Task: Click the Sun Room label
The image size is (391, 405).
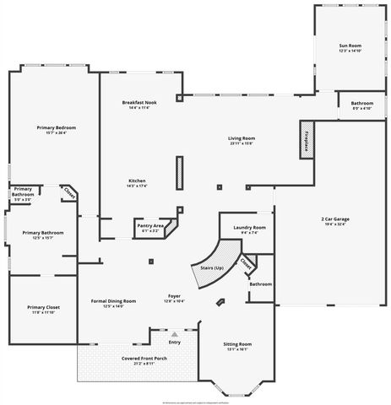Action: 349,46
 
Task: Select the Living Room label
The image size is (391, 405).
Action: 241,138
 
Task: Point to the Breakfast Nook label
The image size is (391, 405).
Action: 138,102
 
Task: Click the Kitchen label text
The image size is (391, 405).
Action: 138,181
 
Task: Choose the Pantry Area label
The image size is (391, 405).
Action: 152,224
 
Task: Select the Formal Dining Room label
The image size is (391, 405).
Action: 112,300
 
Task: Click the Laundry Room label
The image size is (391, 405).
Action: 248,228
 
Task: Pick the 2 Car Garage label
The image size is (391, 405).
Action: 334,219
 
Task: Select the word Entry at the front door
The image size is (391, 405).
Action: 175,342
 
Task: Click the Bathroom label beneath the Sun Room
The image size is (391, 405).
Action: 361,103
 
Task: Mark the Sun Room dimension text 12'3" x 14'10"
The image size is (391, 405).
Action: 349,51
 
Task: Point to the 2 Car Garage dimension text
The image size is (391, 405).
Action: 334,225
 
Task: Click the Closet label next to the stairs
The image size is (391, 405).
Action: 246,264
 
